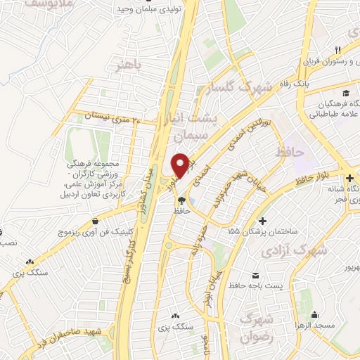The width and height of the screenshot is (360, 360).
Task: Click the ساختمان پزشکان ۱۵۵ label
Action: point(263,230)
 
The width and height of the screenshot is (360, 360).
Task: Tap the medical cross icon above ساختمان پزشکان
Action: point(263,219)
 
